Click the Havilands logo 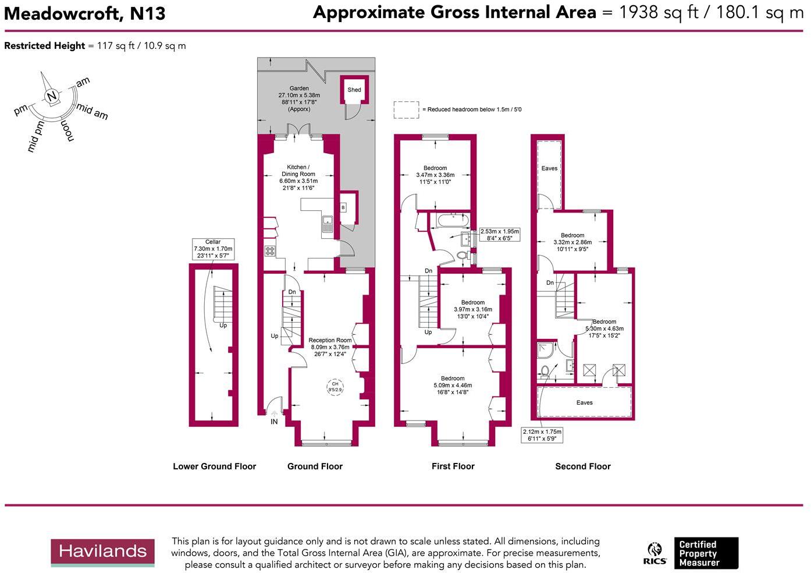coord(102,552)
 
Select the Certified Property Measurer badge coord(705,553)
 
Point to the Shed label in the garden coord(354,90)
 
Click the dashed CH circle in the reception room coord(336,387)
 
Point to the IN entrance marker coord(274,422)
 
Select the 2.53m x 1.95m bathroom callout coord(499,235)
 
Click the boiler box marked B coord(343,207)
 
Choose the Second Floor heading coord(583,466)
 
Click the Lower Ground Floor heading coord(214,466)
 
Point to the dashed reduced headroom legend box coord(406,110)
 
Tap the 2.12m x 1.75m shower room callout coord(542,435)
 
